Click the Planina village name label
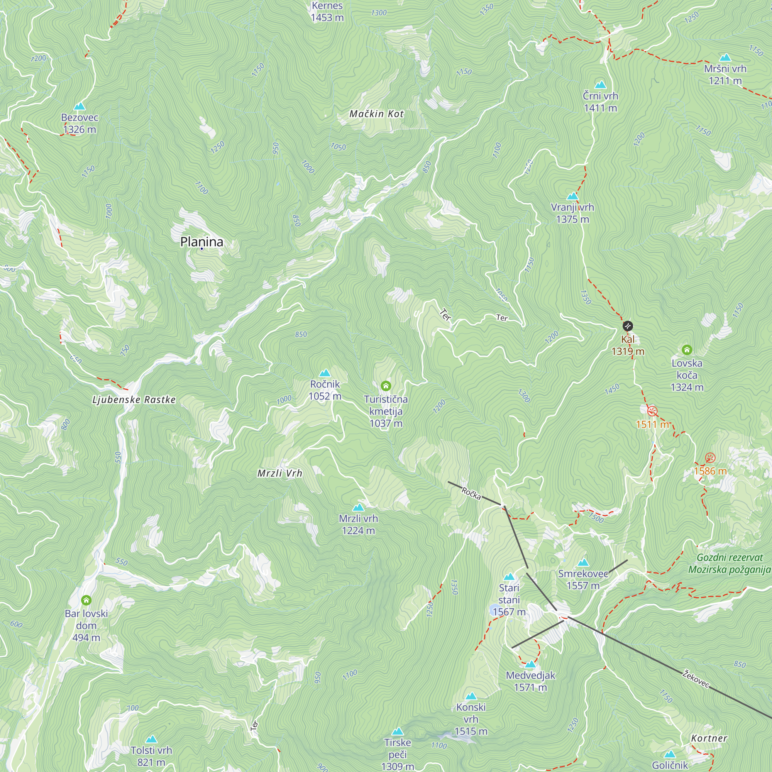coord(201,242)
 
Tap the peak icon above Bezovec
coord(80,106)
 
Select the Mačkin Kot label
coord(376,114)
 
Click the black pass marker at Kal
coord(628,326)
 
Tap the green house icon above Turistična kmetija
coord(386,386)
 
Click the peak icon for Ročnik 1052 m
coord(325,373)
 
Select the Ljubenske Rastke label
coord(134,400)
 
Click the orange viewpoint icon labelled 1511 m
coord(652,411)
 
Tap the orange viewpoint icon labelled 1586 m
coord(710,457)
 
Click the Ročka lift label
coord(471,493)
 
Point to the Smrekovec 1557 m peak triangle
coord(583,563)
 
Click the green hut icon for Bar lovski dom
coord(86,600)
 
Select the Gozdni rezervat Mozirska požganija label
coord(729,563)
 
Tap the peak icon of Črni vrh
coord(600,85)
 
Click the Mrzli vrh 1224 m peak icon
coord(359,508)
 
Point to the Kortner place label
coord(709,738)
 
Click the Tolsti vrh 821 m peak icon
coord(151,740)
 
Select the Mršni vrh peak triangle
coord(725,58)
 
